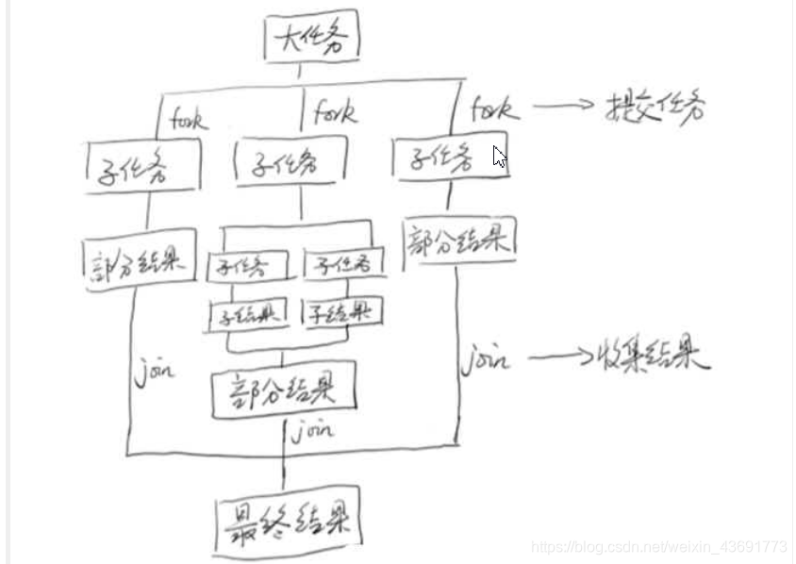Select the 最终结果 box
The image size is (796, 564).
coord(288,518)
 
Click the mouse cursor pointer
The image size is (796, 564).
coord(499,158)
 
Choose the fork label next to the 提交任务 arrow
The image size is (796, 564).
coord(494,108)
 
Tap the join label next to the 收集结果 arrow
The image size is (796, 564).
coord(485,360)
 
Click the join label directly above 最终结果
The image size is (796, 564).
coord(312,432)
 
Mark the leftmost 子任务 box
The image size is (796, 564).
coord(143,167)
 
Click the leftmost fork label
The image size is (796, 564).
coord(189,119)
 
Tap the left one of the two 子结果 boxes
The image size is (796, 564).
coord(248,314)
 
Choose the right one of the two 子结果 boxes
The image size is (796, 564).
coord(341,311)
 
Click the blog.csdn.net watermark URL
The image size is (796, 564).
coord(658,547)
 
